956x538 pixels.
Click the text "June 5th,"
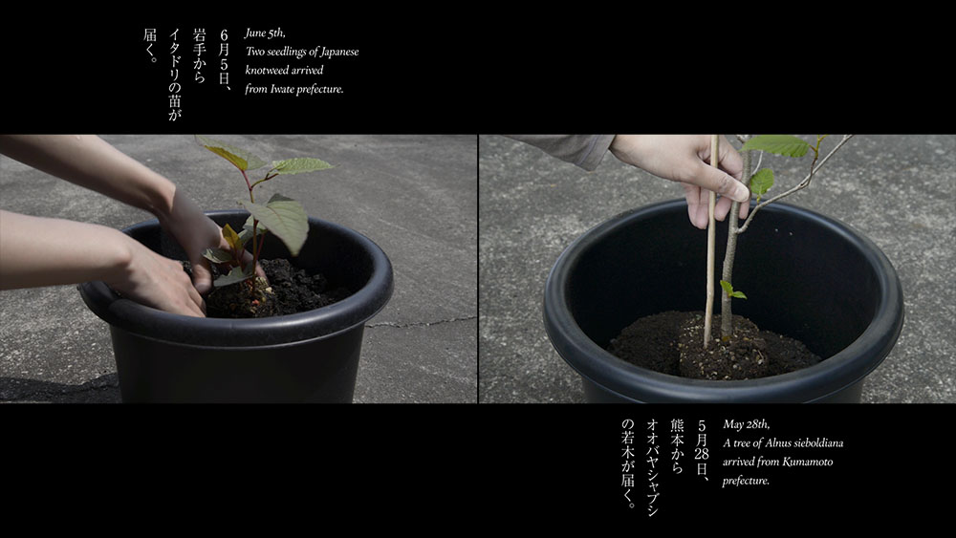point(265,32)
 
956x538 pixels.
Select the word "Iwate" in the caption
point(282,89)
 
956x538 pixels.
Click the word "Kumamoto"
point(808,462)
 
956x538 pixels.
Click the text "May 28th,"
point(747,424)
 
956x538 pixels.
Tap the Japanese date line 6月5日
point(224,58)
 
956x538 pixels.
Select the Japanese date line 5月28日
point(702,450)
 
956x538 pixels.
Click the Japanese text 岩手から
point(199,54)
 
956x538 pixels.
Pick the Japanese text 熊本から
point(677,446)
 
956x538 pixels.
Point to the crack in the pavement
point(421,322)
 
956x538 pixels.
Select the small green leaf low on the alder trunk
point(732,290)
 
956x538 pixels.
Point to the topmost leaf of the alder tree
point(774,145)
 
